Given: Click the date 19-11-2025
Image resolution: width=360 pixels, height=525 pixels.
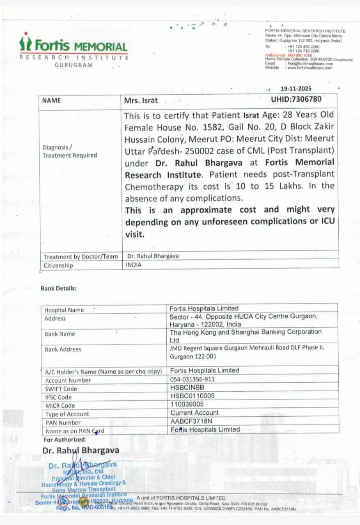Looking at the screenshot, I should pyautogui.click(x=296, y=89).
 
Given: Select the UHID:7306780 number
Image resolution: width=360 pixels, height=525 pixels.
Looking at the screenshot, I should pyautogui.click(x=296, y=98).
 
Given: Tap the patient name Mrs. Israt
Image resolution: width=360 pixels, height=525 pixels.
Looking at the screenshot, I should pyautogui.click(x=141, y=100).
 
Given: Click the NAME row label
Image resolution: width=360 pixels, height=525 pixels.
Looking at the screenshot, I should pyautogui.click(x=51, y=100).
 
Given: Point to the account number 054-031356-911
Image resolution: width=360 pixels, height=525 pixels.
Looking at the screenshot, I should pyautogui.click(x=192, y=379).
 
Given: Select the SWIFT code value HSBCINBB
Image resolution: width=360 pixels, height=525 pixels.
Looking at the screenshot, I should pyautogui.click(x=187, y=388).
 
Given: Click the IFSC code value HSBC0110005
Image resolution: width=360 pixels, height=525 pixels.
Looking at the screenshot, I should pyautogui.click(x=192, y=396).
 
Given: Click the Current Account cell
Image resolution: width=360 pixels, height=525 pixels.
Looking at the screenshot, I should pyautogui.click(x=195, y=413).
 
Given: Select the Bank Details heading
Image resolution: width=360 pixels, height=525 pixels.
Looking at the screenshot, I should pyautogui.click(x=58, y=288).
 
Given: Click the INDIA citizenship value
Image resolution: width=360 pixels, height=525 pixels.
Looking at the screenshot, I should pyautogui.click(x=134, y=265).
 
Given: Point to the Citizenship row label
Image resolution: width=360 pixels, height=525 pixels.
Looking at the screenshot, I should pyautogui.click(x=58, y=265).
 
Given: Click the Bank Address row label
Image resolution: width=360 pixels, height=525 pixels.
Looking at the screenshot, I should pyautogui.click(x=63, y=349).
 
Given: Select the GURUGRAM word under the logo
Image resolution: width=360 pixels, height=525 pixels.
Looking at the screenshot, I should pyautogui.click(x=73, y=65).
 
